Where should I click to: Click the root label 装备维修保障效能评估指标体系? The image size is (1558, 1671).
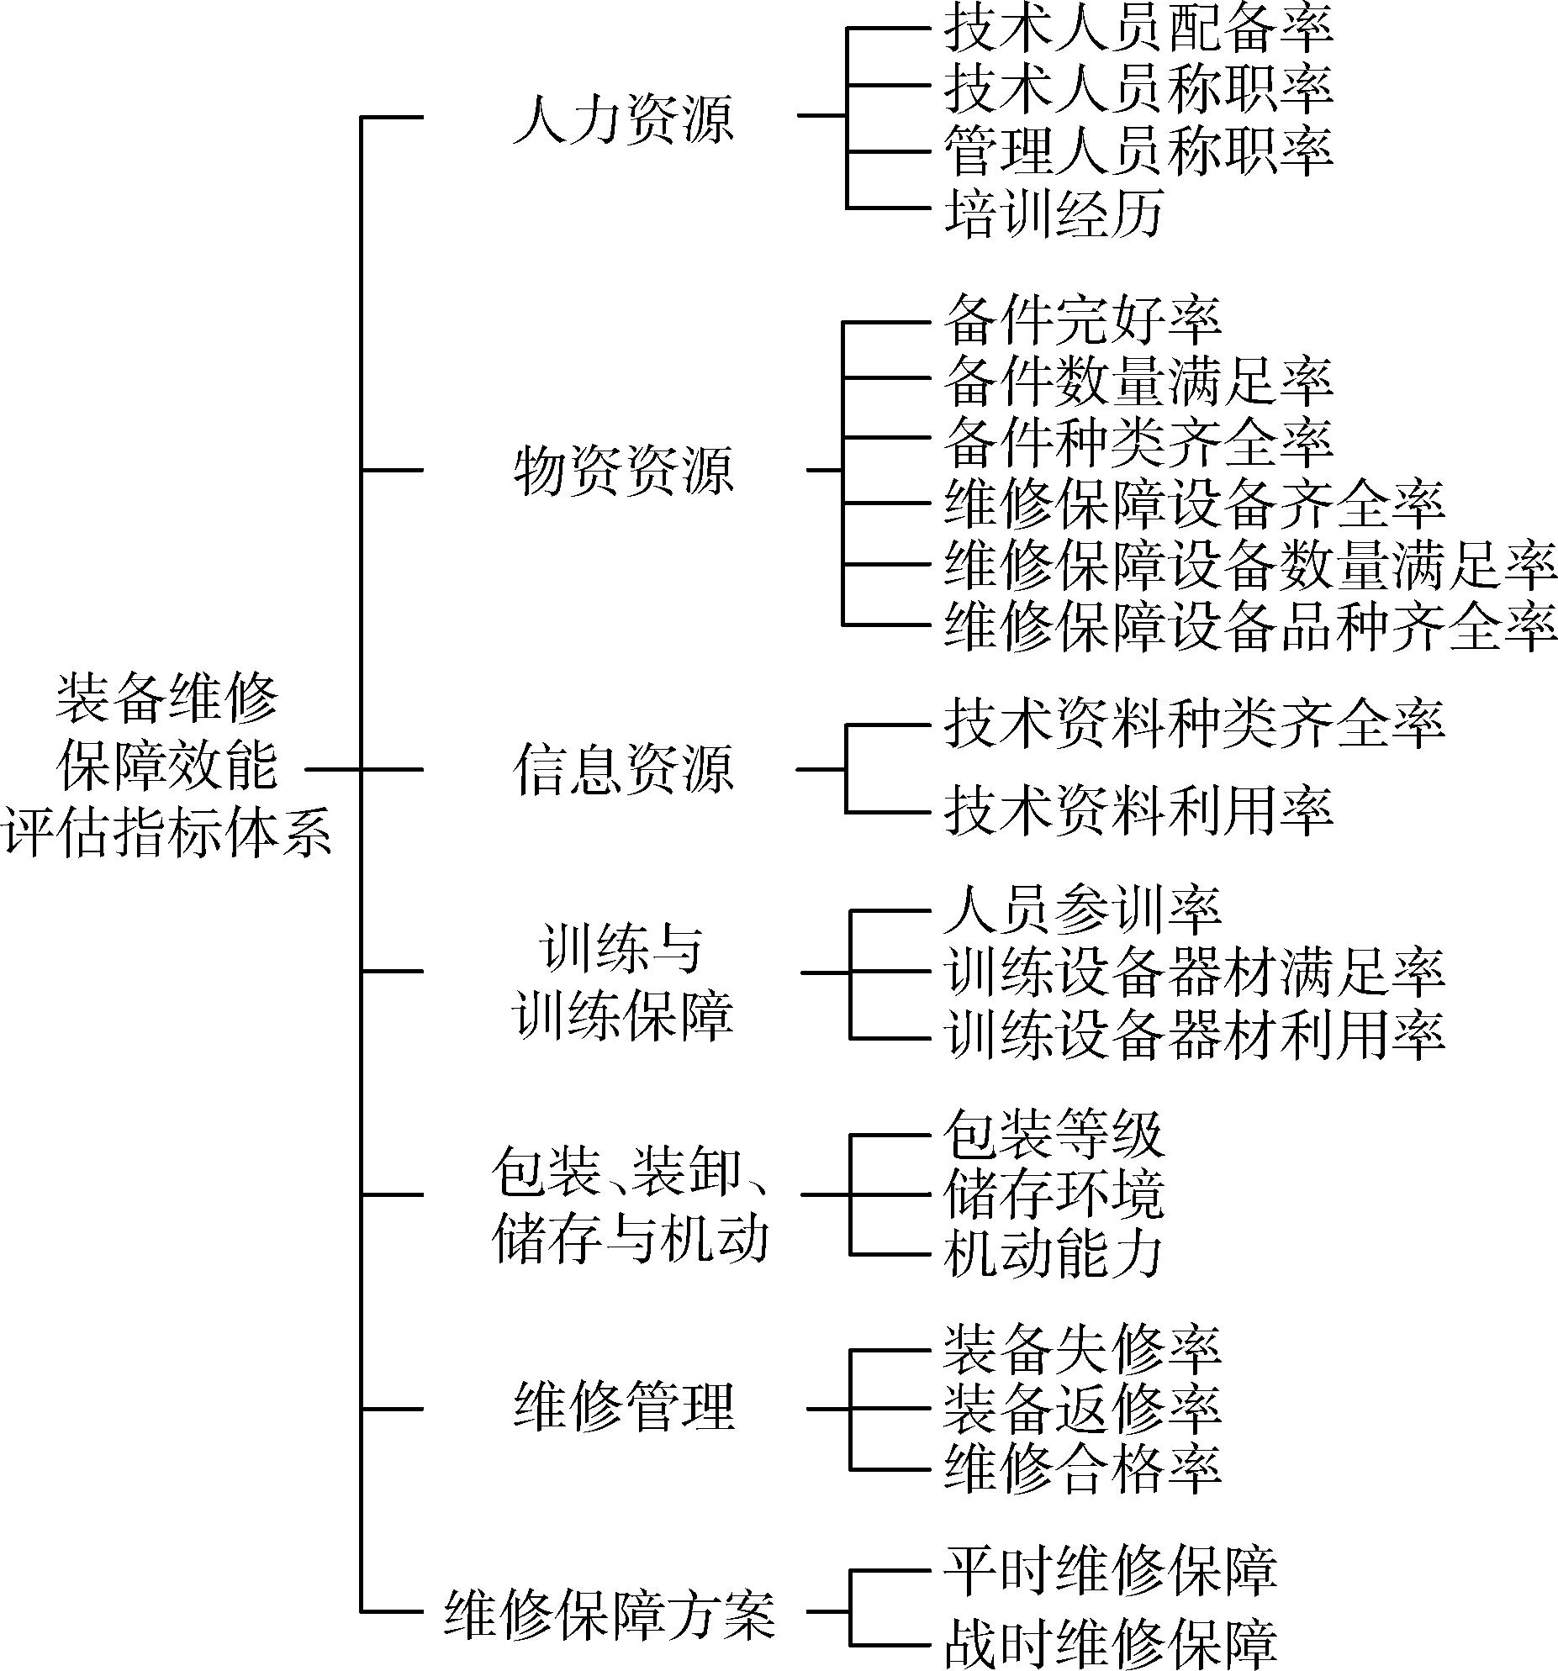point(167,767)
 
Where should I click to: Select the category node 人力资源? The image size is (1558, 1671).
point(623,119)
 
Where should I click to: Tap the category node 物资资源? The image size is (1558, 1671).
point(623,470)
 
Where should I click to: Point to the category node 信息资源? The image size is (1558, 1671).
point(623,769)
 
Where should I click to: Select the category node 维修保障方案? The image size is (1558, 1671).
point(610,1612)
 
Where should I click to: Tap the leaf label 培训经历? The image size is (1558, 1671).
point(1054,211)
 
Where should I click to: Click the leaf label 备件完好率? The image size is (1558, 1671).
point(1083,319)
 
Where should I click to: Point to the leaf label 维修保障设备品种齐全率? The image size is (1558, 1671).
point(1250,625)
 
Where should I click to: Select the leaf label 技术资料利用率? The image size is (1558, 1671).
point(1138,811)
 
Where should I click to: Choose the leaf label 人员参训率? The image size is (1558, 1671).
point(1083,909)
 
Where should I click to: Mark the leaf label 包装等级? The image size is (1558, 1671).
point(1054,1134)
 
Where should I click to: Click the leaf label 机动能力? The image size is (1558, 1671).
point(1054,1254)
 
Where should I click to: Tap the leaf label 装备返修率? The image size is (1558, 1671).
point(1083,1409)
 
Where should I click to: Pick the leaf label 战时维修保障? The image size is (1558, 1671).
point(1111,1644)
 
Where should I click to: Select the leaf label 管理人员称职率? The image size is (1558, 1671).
point(1138,150)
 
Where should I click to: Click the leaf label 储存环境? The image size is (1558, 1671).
point(1054,1194)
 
